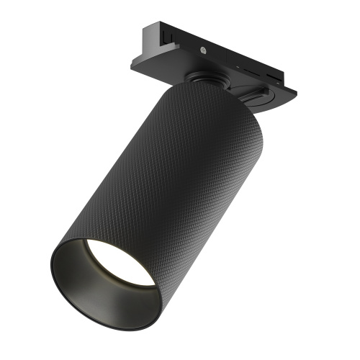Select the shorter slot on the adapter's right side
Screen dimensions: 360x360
point(276,73)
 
